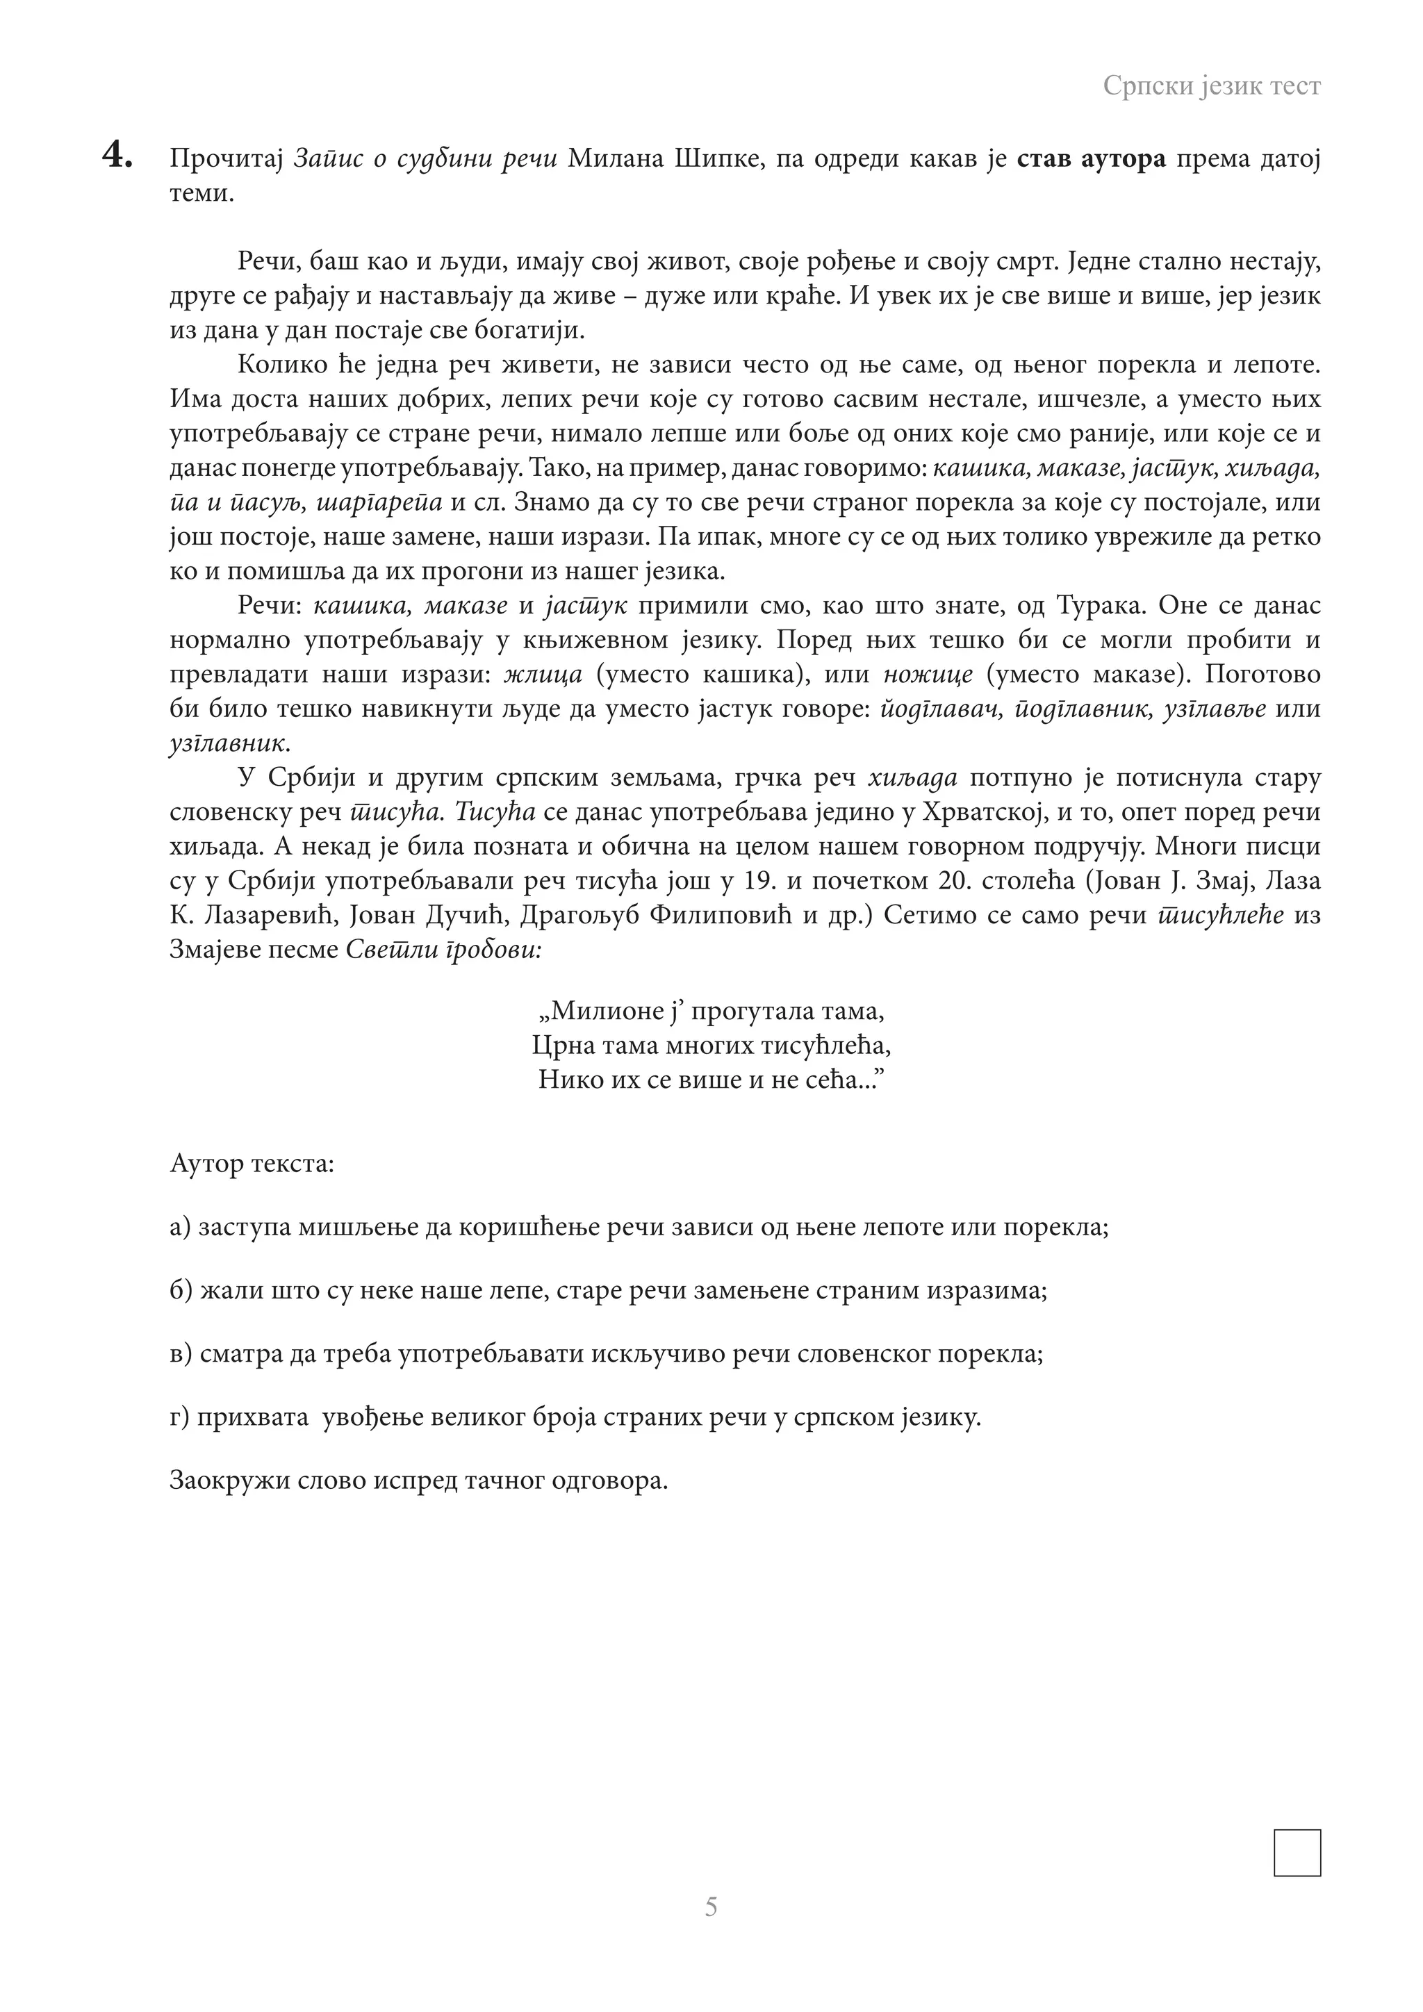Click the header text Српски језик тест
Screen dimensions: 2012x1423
[1211, 86]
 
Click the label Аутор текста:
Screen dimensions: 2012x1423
[252, 1164]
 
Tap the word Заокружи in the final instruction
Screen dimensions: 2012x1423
[229, 1482]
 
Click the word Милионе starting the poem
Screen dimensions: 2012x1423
[605, 1012]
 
